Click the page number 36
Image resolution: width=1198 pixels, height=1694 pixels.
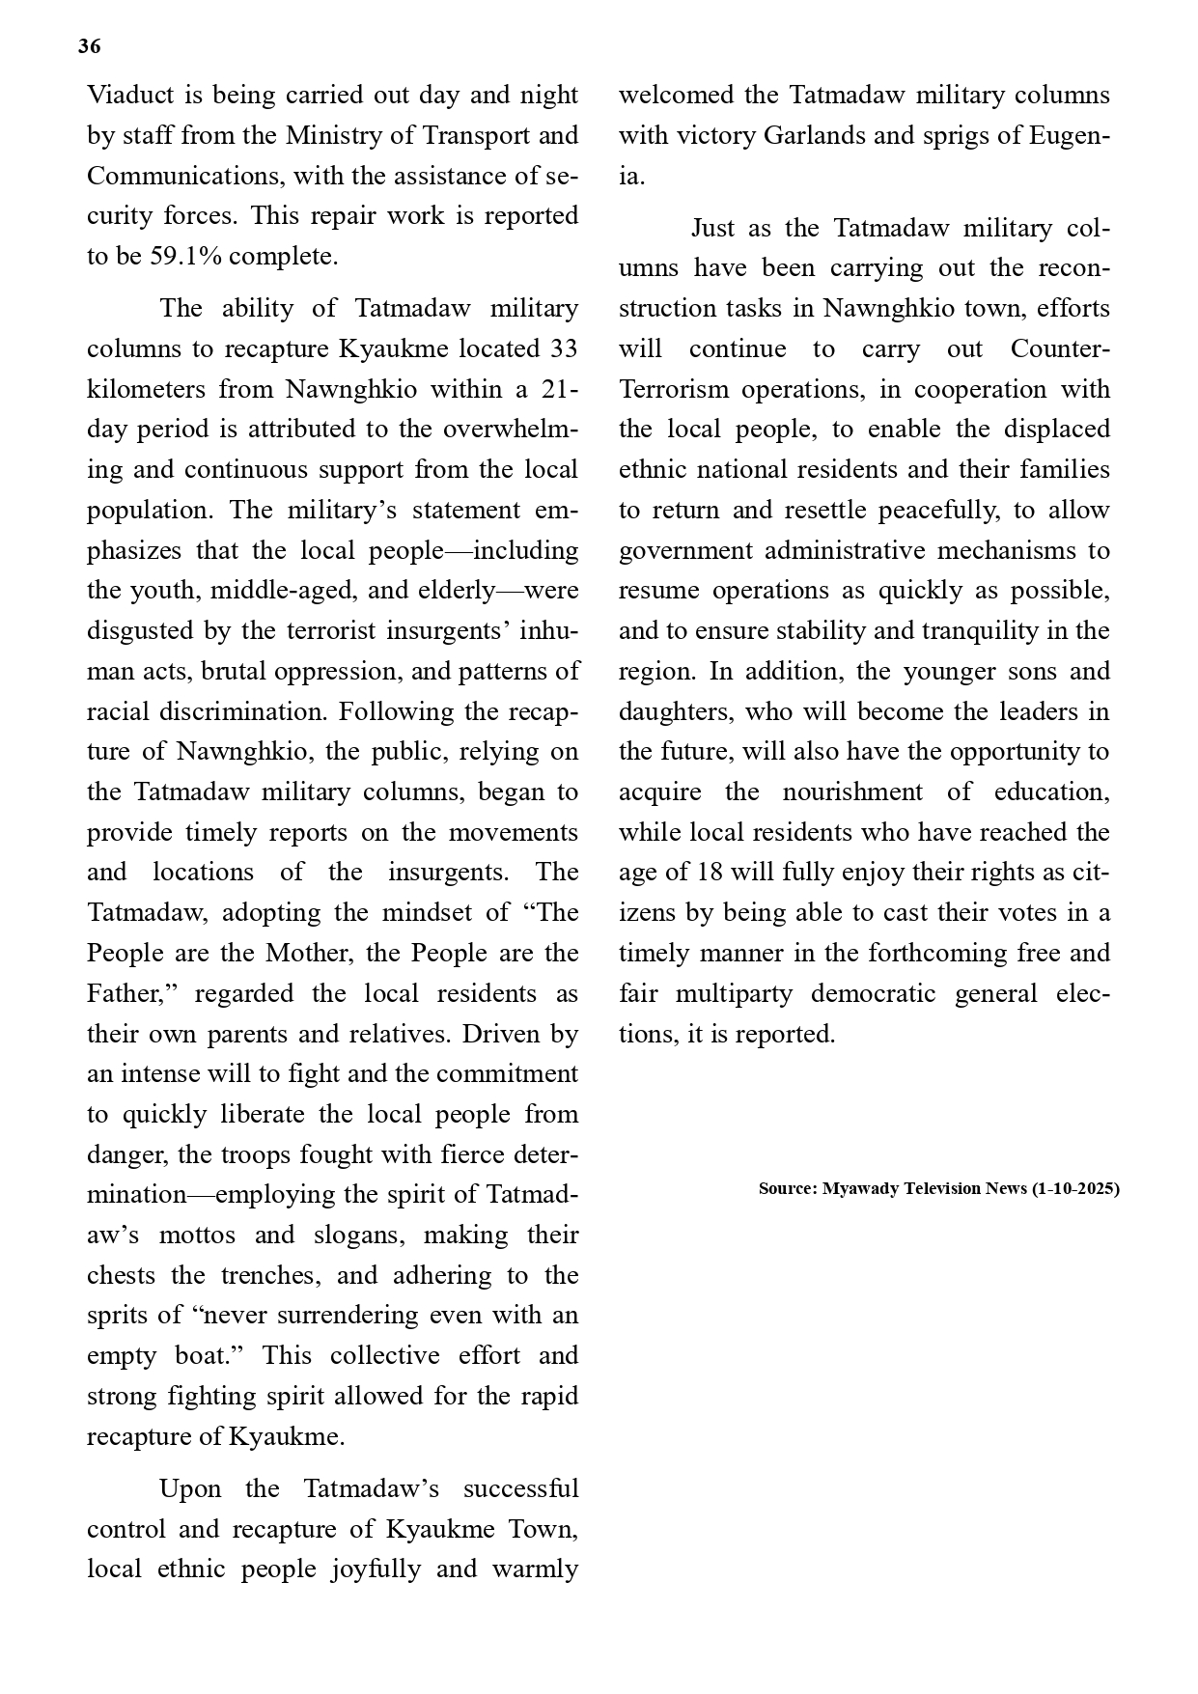pyautogui.click(x=89, y=46)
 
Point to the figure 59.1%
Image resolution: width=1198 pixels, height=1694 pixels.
pyautogui.click(x=186, y=257)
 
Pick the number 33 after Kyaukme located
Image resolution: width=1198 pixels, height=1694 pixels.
pyautogui.click(x=563, y=348)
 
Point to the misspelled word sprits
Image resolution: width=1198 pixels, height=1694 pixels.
pyautogui.click(x=116, y=1316)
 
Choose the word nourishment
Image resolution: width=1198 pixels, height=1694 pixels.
pyautogui.click(x=850, y=792)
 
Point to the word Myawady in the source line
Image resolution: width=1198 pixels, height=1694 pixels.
pyautogui.click(x=861, y=1189)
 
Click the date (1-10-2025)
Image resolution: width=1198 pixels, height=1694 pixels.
pyautogui.click(x=1075, y=1189)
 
